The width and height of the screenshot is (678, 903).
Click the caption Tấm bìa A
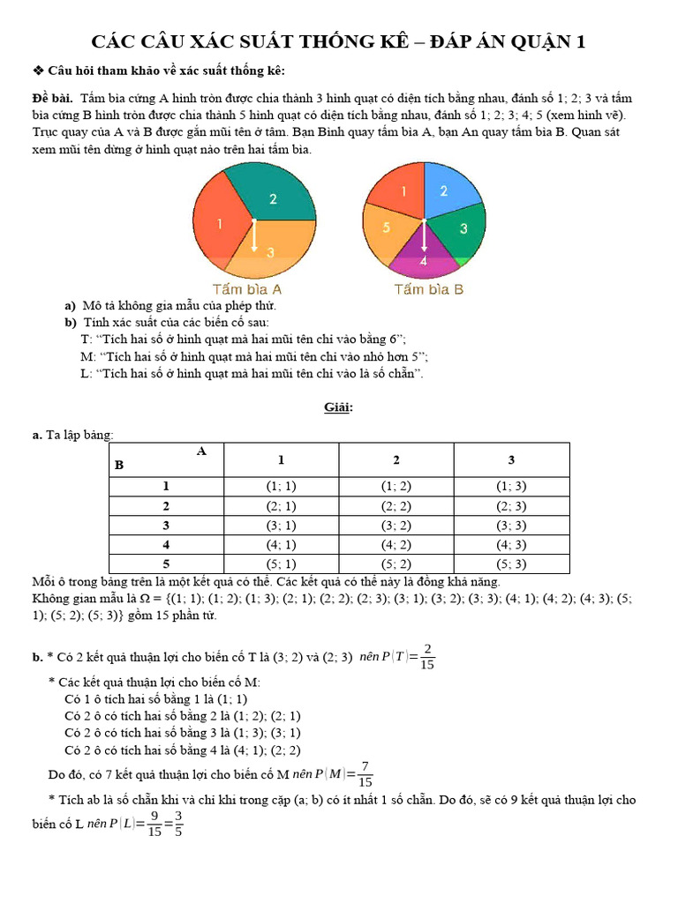point(247,289)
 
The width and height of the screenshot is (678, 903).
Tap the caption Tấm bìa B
point(429,289)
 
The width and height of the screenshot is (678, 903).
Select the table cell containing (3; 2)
point(396,526)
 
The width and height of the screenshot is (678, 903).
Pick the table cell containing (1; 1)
point(281,486)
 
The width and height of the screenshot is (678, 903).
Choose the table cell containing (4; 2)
point(396,545)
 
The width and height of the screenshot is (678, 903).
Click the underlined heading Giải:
point(338,407)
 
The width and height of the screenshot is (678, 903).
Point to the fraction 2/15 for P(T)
point(426,656)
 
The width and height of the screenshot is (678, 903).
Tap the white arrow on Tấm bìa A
point(254,236)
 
